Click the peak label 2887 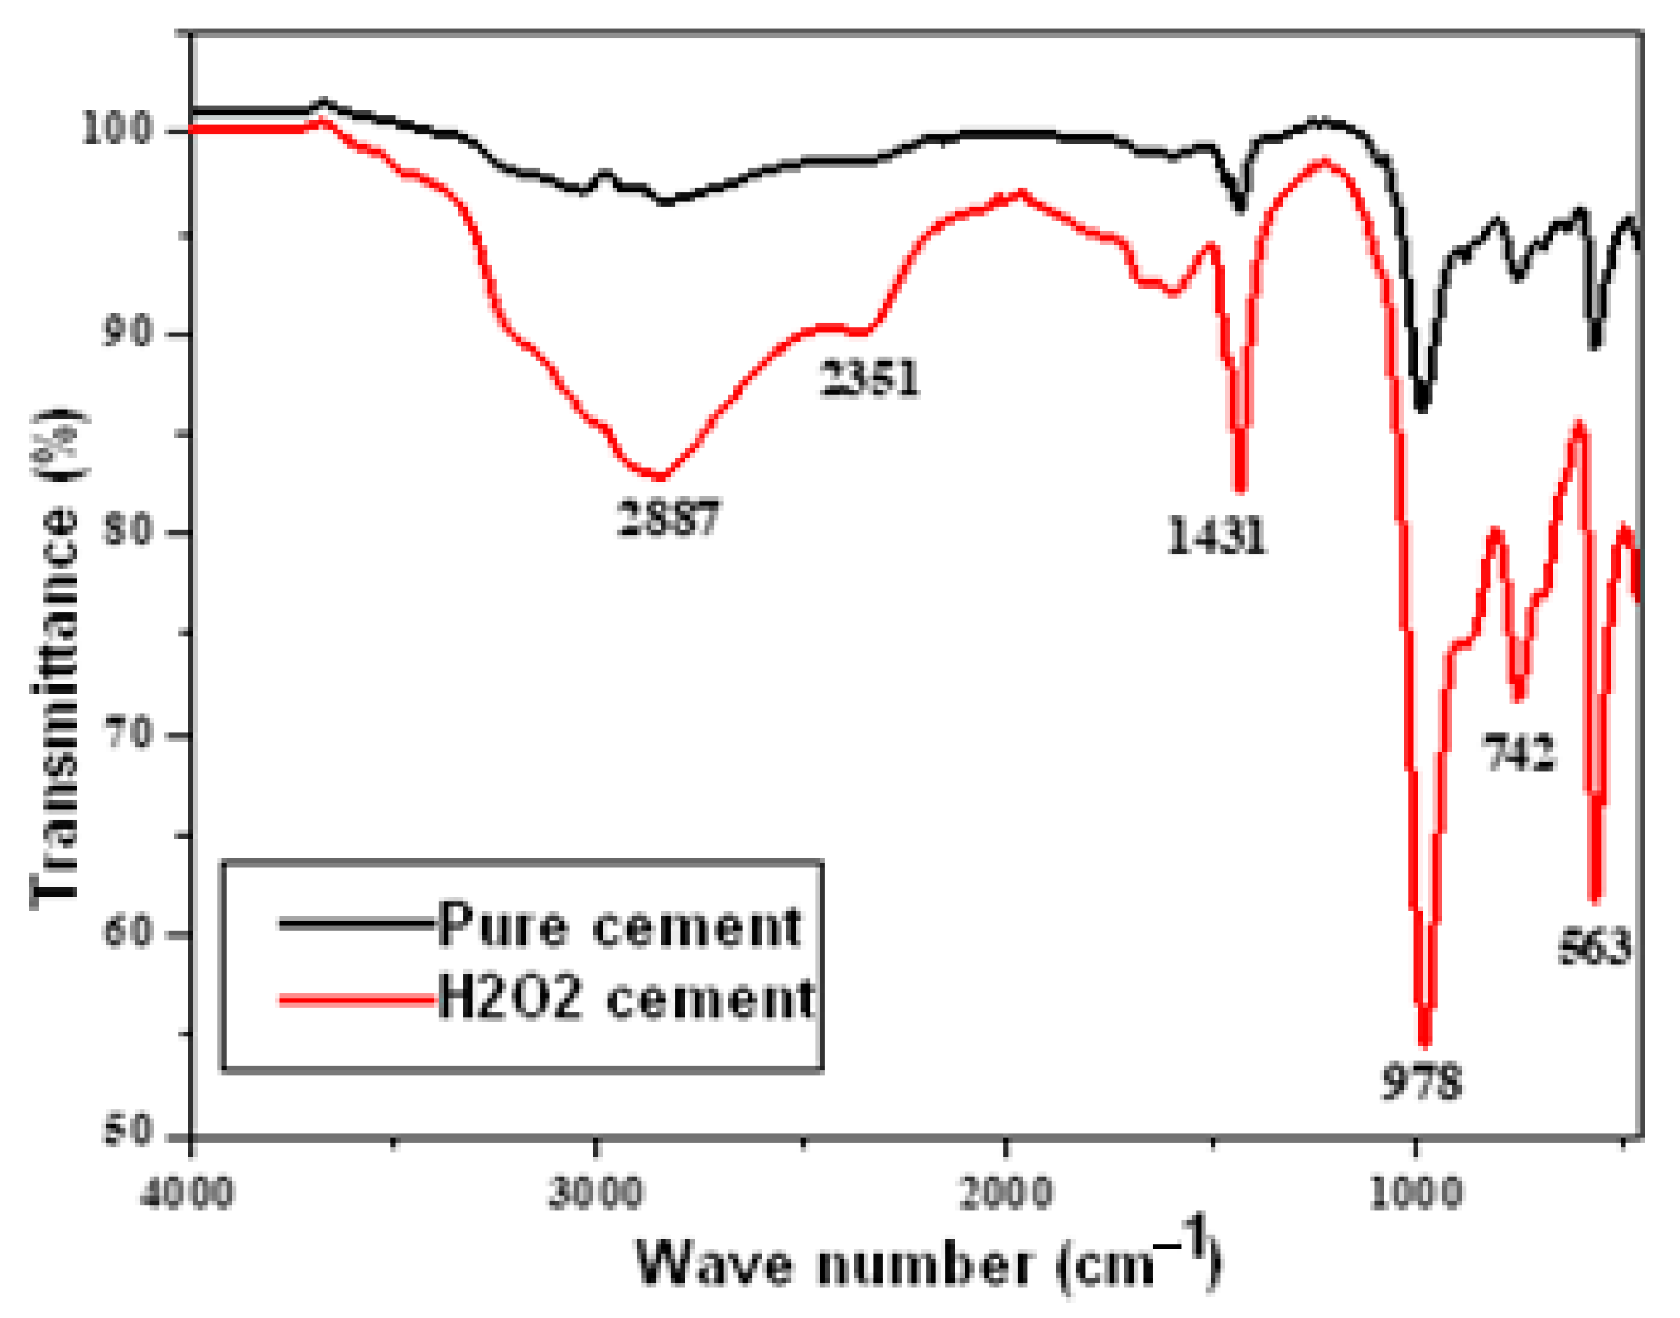point(669,518)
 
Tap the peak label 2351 point(870,379)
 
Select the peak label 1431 point(1216,536)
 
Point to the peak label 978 point(1421,1081)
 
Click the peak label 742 point(1517,753)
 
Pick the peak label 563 point(1594,947)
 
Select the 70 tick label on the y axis point(127,734)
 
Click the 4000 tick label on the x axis point(187,1193)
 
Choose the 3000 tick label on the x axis point(595,1193)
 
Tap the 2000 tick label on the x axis point(1006,1193)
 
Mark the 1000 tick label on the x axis point(1415,1193)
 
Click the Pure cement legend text point(620,925)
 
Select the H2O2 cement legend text point(625,999)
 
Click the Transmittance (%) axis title point(56,660)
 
